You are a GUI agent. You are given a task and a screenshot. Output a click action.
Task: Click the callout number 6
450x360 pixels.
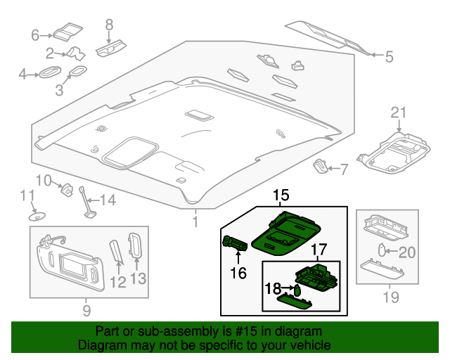pos(34,34)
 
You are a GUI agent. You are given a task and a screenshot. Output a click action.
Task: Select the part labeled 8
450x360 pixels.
pos(110,48)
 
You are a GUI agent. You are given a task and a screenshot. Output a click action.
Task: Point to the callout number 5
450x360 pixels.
pos(389,55)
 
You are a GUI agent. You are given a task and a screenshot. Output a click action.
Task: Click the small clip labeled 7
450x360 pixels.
pos(320,166)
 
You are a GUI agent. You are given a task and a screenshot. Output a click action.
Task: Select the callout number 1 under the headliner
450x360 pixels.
pos(195,223)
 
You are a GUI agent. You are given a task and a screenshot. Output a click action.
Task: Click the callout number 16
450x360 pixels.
pos(238,272)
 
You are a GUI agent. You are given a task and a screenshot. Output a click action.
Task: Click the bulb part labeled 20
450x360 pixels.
pos(380,250)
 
